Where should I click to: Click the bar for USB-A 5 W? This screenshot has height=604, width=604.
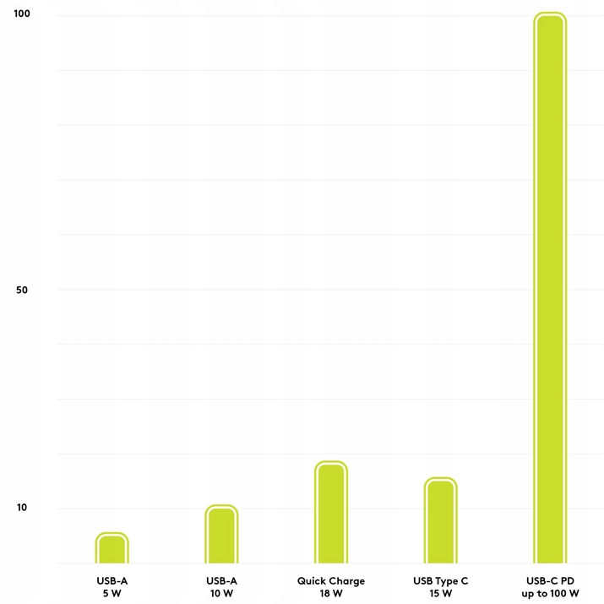click(112, 549)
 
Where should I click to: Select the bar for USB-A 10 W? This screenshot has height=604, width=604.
click(221, 535)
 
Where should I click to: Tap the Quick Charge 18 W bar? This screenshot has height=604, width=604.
click(331, 513)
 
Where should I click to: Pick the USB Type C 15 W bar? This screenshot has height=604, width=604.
click(440, 521)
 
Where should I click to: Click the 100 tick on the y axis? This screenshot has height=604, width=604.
click(22, 14)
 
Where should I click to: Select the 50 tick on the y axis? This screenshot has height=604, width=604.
click(22, 290)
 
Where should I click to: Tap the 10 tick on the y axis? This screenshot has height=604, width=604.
click(22, 509)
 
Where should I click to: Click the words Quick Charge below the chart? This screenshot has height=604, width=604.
click(331, 581)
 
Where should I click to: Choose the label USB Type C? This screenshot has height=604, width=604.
click(440, 581)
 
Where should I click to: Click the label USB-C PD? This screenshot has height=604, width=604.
click(550, 581)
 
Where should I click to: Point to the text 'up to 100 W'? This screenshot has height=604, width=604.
click(550, 594)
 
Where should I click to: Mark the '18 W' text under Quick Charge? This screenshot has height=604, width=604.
click(331, 594)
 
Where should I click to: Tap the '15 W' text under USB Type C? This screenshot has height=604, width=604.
click(440, 594)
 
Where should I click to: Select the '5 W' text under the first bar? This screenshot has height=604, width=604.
click(112, 594)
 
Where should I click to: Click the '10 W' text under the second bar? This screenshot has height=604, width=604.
click(221, 594)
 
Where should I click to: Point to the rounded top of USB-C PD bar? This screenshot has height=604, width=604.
click(549, 19)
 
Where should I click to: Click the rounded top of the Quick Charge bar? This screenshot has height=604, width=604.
click(331, 467)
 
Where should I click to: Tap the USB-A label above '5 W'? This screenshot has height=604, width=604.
click(112, 581)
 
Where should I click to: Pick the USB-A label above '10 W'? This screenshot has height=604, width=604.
click(221, 581)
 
